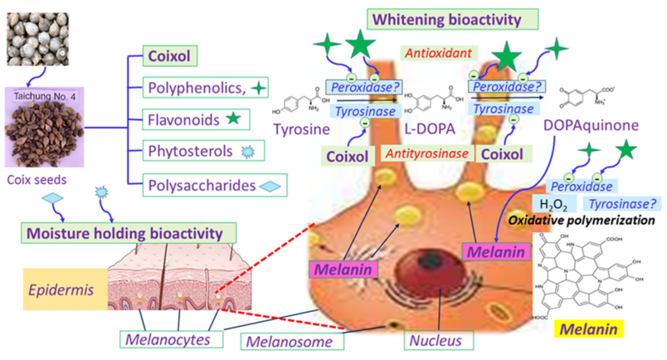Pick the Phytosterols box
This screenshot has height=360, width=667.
click(x=204, y=151)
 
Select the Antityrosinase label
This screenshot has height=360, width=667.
click(x=428, y=154)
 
